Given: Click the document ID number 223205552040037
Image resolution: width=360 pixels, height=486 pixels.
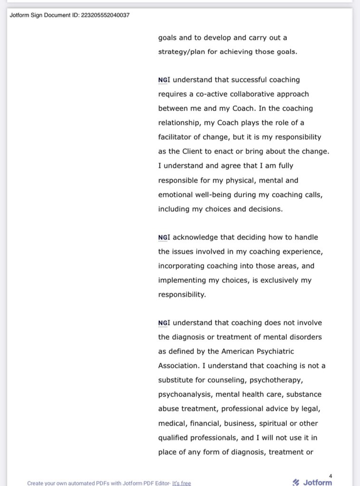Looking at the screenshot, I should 102,15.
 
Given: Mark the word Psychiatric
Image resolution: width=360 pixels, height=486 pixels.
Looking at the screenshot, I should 271,352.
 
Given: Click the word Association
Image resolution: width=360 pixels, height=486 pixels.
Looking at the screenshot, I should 178,366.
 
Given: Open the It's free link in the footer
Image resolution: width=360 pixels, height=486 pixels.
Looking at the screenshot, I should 181,483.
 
